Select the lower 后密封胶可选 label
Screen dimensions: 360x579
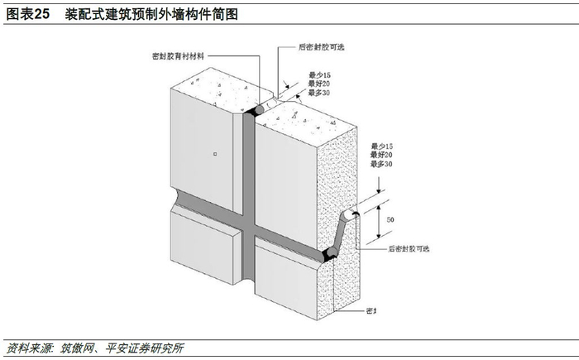(409, 248)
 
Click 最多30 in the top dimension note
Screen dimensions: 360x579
(297, 94)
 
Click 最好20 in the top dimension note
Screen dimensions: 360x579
(297, 84)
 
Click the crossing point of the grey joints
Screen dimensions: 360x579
(249, 222)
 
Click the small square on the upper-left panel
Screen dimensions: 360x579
(213, 154)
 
